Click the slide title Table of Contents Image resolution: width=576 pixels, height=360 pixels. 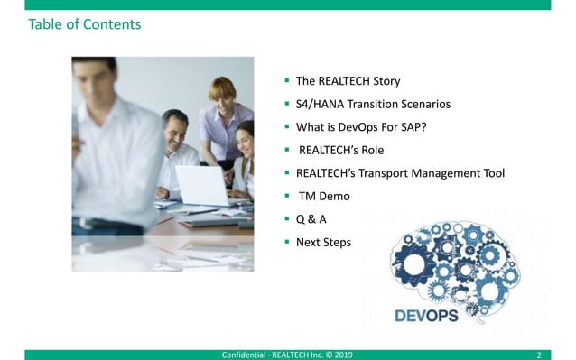(85, 24)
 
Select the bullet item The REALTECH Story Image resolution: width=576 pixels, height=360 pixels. (348, 80)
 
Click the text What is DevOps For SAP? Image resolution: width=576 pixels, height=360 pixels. (361, 126)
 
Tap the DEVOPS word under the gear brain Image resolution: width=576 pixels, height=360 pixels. (426, 316)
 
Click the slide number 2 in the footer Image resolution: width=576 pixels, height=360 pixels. (538, 354)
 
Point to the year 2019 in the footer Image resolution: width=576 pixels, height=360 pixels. (343, 354)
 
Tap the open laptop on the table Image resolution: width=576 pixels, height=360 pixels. (200, 184)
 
